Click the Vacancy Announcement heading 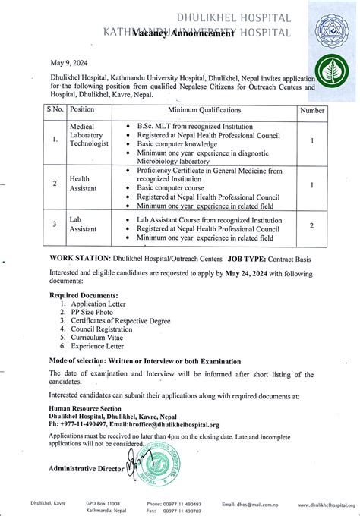[x=172, y=33]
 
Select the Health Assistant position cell [x=81, y=184]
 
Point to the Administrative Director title [x=86, y=470]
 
